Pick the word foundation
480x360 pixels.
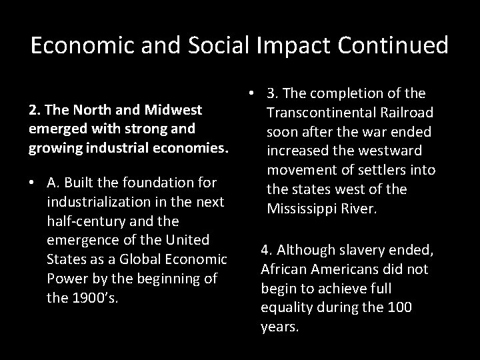(155, 182)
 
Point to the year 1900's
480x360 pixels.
(93, 297)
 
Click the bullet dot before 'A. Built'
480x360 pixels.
(32, 183)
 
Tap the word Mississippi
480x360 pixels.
(303, 208)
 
